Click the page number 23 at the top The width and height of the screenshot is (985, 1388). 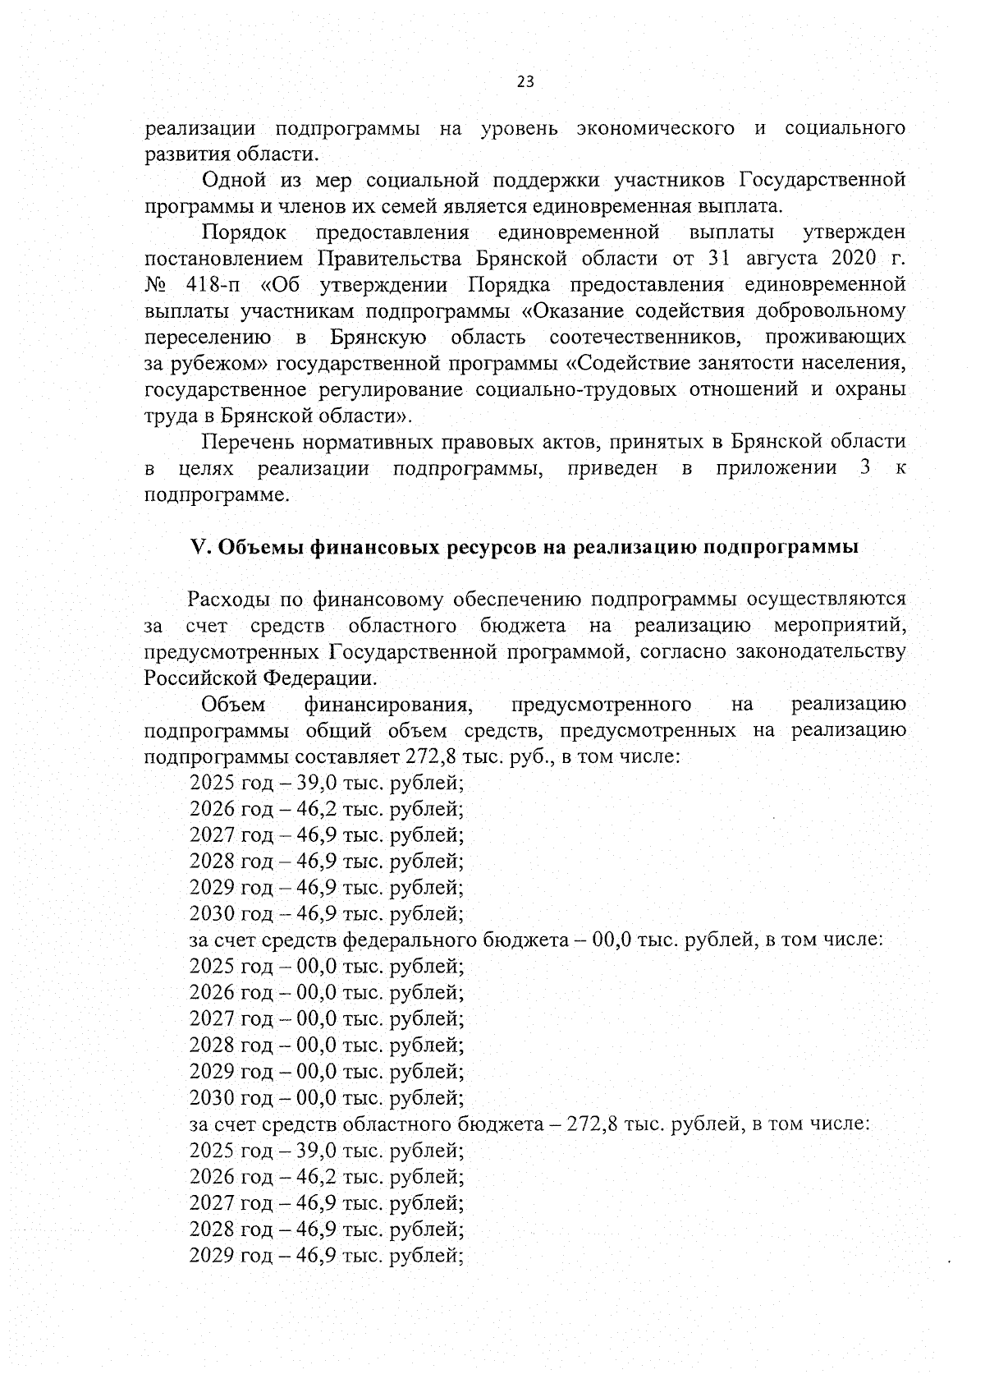(x=525, y=81)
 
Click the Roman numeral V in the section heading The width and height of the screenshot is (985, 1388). (x=195, y=548)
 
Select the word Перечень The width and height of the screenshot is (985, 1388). (x=247, y=443)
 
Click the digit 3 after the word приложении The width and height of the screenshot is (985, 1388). (x=864, y=469)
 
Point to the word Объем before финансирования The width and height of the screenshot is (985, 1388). (x=233, y=705)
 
